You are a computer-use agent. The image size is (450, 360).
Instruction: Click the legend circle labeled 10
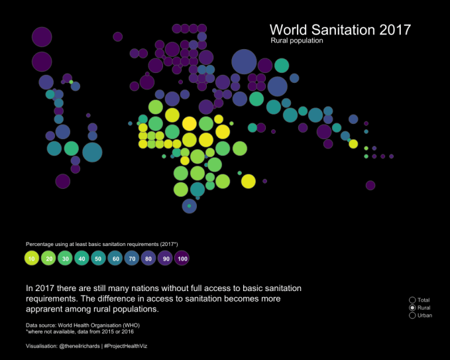click(x=31, y=258)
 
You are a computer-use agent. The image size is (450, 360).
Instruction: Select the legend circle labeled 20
click(x=48, y=258)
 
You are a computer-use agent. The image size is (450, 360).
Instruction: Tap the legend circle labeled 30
click(x=65, y=258)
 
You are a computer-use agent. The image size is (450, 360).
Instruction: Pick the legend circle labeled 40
click(x=82, y=258)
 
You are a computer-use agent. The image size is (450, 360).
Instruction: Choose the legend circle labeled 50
click(x=98, y=258)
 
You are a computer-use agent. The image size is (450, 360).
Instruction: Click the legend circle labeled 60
click(x=115, y=258)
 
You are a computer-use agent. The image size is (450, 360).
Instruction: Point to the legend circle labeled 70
click(x=132, y=258)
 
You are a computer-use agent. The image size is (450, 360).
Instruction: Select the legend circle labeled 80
click(x=148, y=258)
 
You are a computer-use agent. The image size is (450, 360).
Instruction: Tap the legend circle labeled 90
click(x=166, y=258)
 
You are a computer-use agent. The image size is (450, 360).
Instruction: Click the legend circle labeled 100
click(x=182, y=258)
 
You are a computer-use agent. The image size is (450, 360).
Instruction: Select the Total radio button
click(x=412, y=300)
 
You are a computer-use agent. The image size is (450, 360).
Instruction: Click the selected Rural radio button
click(x=412, y=308)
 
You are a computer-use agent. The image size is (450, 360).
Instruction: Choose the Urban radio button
click(x=412, y=315)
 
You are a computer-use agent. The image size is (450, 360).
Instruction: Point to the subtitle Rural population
click(x=296, y=41)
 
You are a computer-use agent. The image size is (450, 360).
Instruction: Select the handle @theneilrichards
click(x=79, y=347)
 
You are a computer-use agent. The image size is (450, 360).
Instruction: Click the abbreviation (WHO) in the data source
click(x=129, y=325)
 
